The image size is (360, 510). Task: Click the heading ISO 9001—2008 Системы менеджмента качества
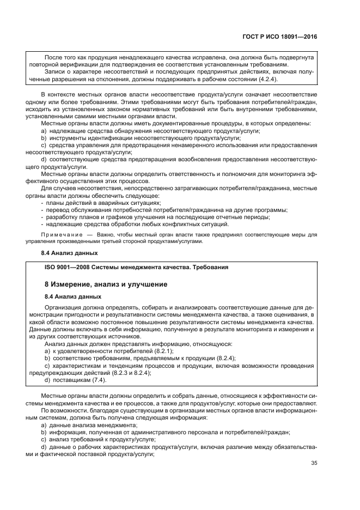point(136,267)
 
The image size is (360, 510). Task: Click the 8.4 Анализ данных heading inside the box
point(72,296)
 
